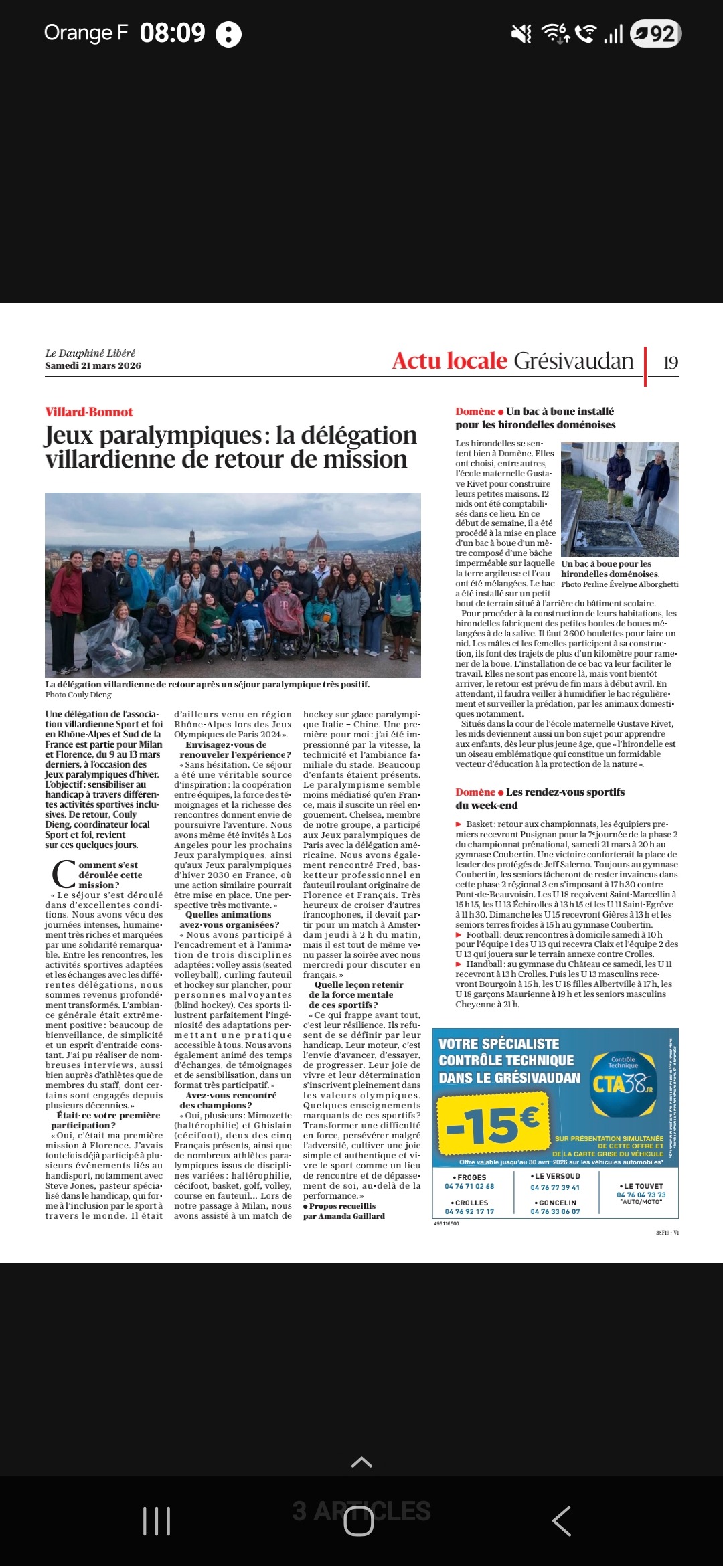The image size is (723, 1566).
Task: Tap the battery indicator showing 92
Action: coord(656,33)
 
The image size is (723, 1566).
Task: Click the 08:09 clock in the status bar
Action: coord(172,33)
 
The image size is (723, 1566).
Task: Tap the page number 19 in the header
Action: coord(670,363)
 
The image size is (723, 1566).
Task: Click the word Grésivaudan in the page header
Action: coord(573,361)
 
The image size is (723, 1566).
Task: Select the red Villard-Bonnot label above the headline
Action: coord(89,412)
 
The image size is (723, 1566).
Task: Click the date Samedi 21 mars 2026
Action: coord(93,365)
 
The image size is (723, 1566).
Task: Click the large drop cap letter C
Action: coord(64,875)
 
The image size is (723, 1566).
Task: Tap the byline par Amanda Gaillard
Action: coord(343,1216)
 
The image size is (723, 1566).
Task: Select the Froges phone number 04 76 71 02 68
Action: coord(469,1186)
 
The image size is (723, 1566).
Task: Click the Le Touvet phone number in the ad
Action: coord(641,1195)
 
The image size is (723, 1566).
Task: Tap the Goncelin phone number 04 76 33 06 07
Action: coord(555,1211)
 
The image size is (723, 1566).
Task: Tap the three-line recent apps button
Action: coord(157,1521)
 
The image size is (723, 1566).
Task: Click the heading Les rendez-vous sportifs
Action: coord(564,792)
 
